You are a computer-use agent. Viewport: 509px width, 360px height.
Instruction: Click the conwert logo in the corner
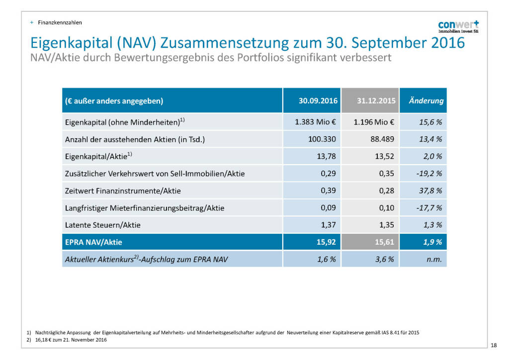pyautogui.click(x=458, y=26)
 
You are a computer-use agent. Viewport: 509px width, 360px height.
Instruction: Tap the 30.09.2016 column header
pyautogui.click(x=318, y=101)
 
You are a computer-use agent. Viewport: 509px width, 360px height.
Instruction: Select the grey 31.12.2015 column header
pyautogui.click(x=376, y=101)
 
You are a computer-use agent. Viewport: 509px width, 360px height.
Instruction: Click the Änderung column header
pyautogui.click(x=425, y=101)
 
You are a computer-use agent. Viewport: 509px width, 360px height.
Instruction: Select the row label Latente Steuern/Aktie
pyautogui.click(x=103, y=225)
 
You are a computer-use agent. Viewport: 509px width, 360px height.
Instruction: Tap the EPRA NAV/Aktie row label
pyautogui.click(x=93, y=243)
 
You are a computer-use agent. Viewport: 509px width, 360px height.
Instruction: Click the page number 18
pyautogui.click(x=493, y=345)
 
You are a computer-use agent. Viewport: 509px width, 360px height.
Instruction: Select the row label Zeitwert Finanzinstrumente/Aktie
pyautogui.click(x=123, y=191)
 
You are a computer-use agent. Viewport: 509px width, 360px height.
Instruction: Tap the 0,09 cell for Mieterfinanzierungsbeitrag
pyautogui.click(x=329, y=208)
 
